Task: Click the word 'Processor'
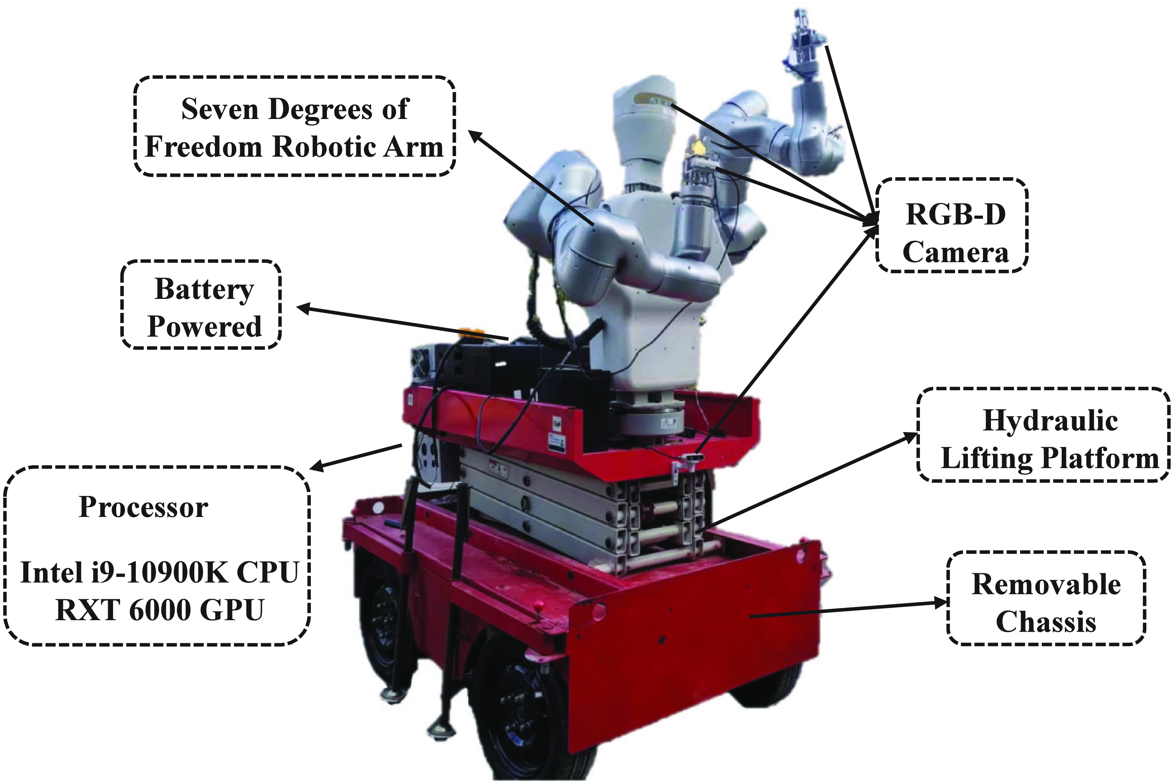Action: coord(144,507)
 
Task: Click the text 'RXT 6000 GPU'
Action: coord(159,610)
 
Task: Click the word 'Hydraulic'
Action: coord(1050,420)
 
